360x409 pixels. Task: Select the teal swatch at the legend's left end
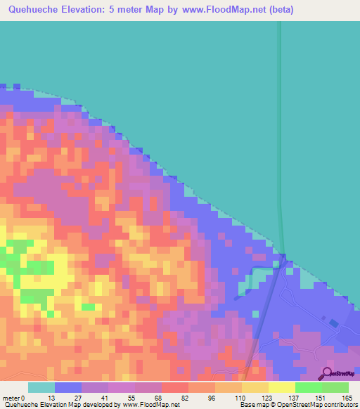coord(41,387)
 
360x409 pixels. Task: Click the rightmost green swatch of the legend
coord(335,387)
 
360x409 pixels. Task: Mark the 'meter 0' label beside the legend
coord(13,397)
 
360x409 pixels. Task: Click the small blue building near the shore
coord(333,323)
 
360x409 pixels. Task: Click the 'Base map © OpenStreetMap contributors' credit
coord(296,405)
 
